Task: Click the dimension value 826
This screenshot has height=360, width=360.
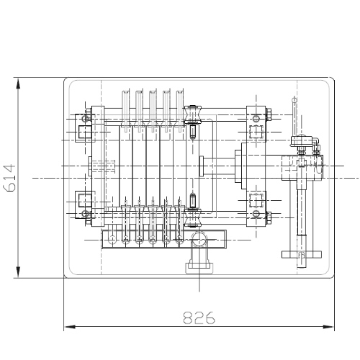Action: [199, 318]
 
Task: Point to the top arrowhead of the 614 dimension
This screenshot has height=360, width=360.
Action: [18, 85]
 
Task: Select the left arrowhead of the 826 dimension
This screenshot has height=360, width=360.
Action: [71, 327]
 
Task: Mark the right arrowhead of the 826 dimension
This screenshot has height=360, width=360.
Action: [328, 327]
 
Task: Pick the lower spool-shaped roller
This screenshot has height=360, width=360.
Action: [192, 217]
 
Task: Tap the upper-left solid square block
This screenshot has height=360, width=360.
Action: [85, 132]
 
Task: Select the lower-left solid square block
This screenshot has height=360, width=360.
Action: [85, 200]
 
